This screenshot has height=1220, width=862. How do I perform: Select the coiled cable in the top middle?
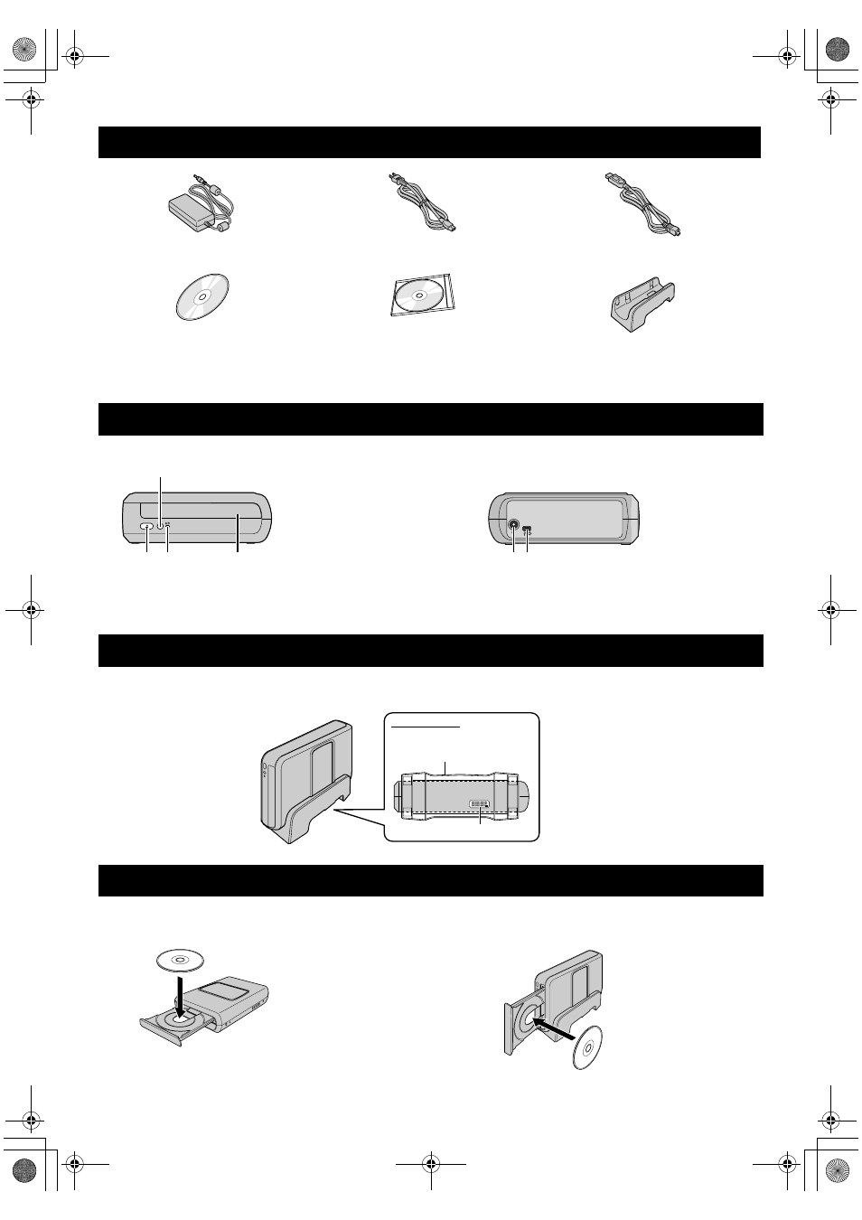(421, 207)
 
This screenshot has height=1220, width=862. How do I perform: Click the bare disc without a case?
(201, 296)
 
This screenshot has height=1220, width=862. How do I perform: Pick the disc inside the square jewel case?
(422, 296)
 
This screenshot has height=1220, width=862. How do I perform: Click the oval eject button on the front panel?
(146, 526)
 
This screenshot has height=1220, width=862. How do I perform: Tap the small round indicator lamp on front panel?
(160, 526)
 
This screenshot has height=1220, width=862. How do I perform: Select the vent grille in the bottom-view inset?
(479, 803)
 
